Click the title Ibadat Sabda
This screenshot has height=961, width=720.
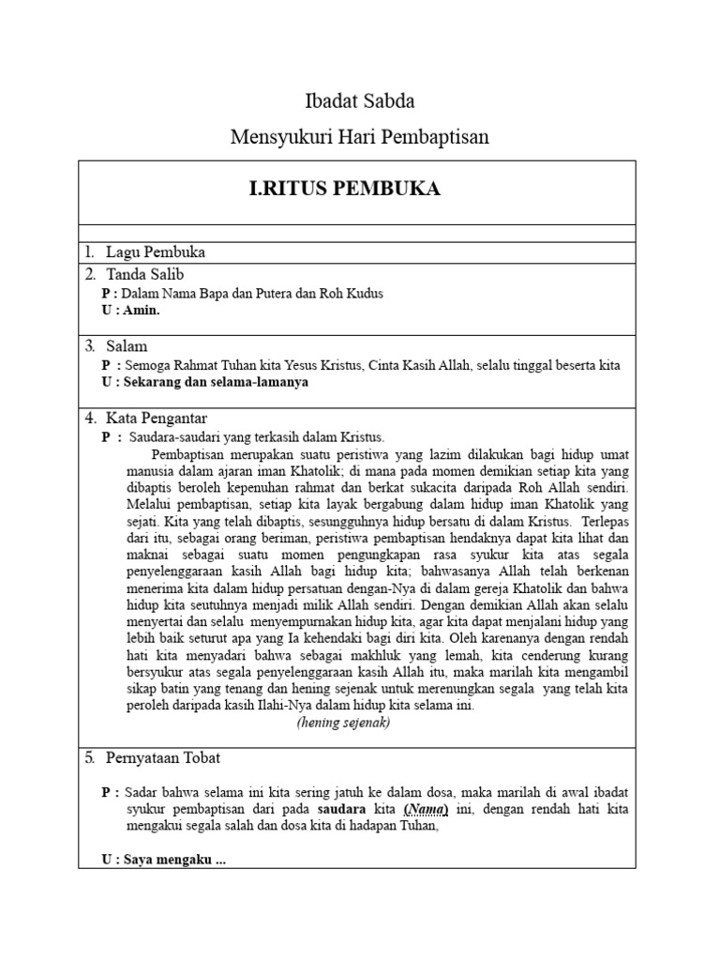point(360,100)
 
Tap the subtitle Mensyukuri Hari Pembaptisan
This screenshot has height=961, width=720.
point(360,138)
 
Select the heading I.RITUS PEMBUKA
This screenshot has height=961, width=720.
point(345,190)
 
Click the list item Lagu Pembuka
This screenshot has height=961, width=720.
point(155,252)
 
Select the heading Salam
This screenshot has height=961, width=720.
point(127,346)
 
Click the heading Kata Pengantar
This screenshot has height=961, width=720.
point(157,418)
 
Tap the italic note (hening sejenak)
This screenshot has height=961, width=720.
point(343,723)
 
